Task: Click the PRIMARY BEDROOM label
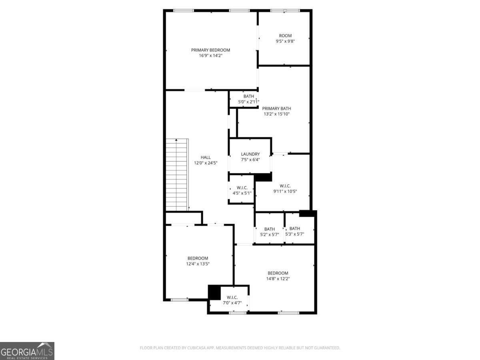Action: point(210,50)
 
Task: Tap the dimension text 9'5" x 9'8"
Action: point(285,41)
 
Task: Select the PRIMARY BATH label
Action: point(276,108)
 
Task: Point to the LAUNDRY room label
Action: point(250,154)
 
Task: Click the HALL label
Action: point(206,157)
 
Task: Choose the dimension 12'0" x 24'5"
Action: point(206,163)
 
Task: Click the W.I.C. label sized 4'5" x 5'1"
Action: point(242,188)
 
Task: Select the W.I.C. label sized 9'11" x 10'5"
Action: point(285,186)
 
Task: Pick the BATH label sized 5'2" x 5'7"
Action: point(270,229)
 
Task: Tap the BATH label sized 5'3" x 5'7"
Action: point(294,228)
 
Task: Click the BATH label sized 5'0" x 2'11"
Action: point(249,96)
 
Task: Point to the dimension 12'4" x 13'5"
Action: point(198,264)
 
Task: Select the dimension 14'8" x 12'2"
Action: point(278,279)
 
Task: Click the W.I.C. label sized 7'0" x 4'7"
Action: point(232,298)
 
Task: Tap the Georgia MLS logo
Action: point(27,351)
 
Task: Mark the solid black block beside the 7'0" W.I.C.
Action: point(214,292)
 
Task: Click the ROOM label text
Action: point(285,36)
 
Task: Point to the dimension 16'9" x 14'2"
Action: point(210,56)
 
